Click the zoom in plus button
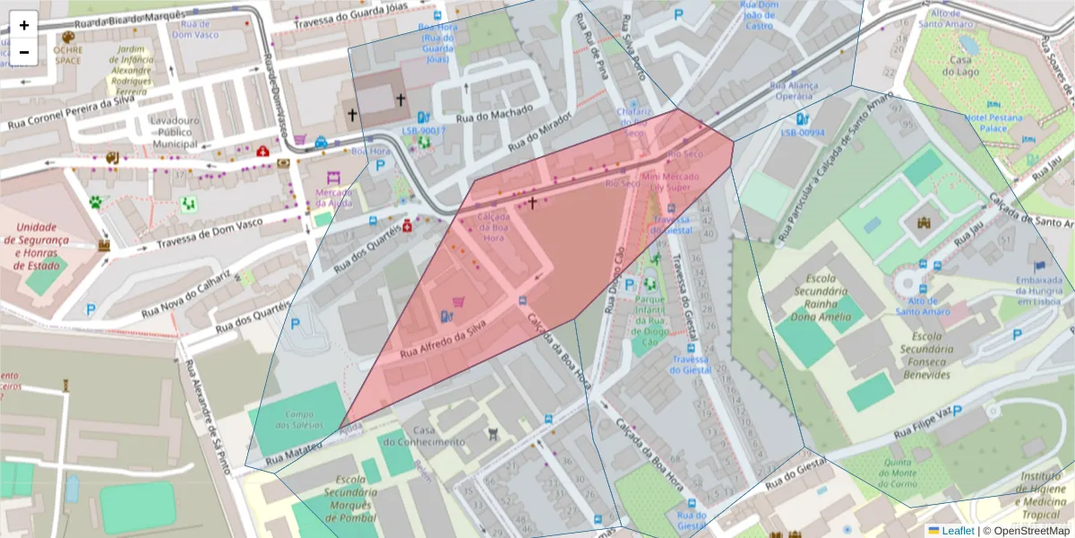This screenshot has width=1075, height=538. point(24,25)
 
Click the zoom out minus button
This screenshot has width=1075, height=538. point(24,52)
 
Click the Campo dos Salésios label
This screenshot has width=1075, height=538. point(298,419)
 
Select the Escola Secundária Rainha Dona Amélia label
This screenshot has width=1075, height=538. point(819,298)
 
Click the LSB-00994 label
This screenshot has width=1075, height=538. point(802,133)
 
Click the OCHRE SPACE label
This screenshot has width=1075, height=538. point(68,55)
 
